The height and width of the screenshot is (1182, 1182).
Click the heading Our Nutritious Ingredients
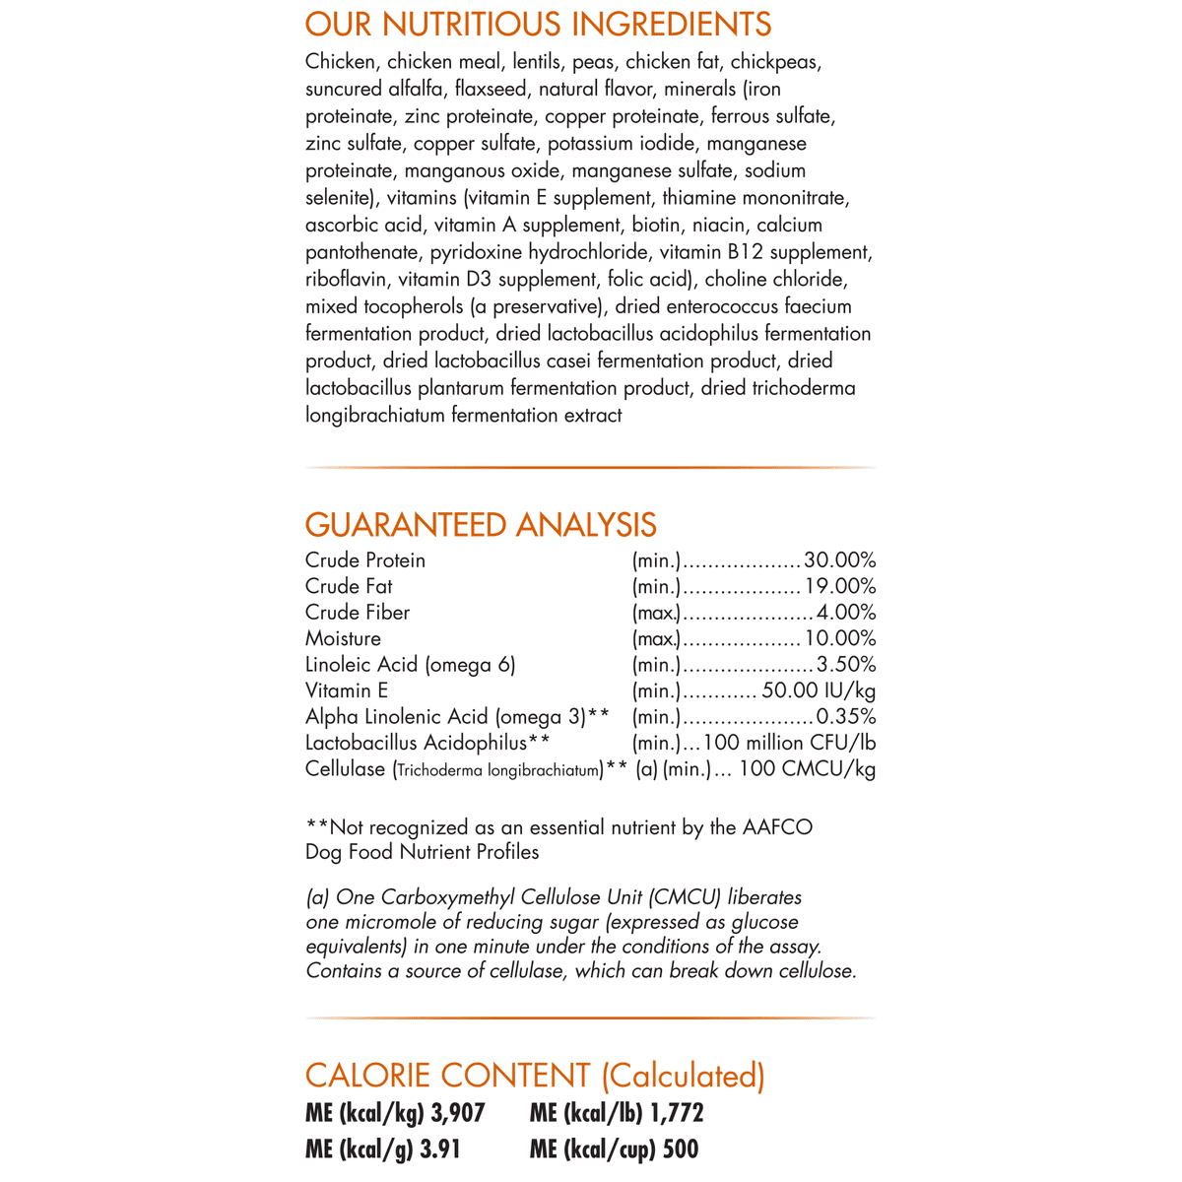pos(538,24)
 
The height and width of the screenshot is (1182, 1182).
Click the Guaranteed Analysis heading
pos(481,524)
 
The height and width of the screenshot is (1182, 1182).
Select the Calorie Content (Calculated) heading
pos(535,1076)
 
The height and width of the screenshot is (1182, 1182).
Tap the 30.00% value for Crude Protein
pos(840,560)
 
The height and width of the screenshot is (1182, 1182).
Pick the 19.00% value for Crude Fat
pos(840,586)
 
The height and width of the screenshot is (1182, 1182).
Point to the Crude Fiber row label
pos(358,613)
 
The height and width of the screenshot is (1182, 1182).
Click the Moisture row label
pos(343,638)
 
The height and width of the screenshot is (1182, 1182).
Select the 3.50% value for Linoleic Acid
pos(846,665)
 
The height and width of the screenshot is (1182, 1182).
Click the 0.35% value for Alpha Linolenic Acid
pos(846,717)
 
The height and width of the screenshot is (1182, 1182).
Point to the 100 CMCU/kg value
pos(807,769)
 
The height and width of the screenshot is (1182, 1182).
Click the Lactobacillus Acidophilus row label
pos(427,743)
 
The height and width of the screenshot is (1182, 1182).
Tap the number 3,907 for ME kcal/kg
pos(458,1114)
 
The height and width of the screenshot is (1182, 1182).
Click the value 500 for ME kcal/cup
pos(681,1149)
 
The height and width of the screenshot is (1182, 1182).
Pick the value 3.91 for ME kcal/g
pos(440,1149)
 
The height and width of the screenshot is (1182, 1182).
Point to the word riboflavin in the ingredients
pos(347,280)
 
